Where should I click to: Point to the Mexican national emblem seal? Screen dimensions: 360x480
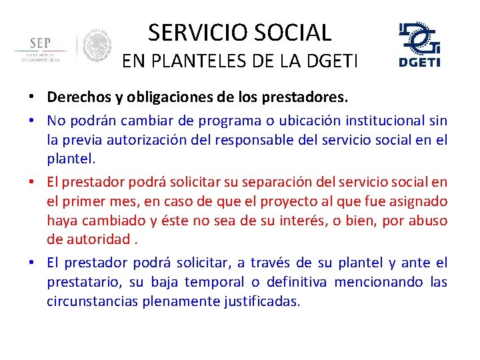point(97,47)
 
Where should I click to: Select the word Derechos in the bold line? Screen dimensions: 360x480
point(75,97)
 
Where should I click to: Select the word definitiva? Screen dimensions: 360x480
point(294,282)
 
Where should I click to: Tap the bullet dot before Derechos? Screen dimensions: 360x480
point(32,98)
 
